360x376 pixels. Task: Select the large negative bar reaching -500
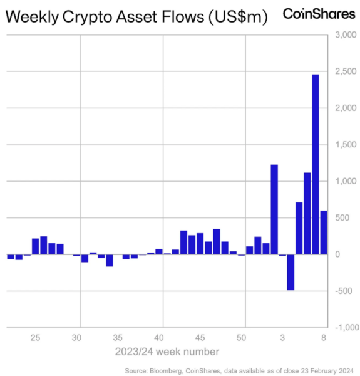click(x=291, y=272)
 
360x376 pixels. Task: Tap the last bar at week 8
click(x=324, y=232)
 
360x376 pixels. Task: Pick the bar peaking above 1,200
click(x=274, y=209)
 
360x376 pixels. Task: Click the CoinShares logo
click(x=319, y=14)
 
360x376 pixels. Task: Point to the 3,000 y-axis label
click(x=346, y=35)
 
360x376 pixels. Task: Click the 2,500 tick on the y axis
click(x=346, y=71)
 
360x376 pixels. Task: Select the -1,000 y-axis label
click(x=347, y=327)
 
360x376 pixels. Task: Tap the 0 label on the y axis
click(x=337, y=254)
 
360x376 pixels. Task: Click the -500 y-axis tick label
click(x=344, y=291)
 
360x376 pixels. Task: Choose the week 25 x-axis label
click(x=35, y=338)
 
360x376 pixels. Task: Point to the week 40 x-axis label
click(x=158, y=338)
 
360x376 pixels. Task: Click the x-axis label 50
click(x=241, y=338)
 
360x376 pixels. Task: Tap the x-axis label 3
click(x=282, y=338)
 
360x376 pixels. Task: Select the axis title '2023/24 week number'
click(x=167, y=352)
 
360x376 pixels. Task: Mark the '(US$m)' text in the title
click(x=238, y=17)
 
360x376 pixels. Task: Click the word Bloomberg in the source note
click(x=166, y=371)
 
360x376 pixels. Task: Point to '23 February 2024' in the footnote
click(x=327, y=371)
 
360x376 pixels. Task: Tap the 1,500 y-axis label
click(x=346, y=145)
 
